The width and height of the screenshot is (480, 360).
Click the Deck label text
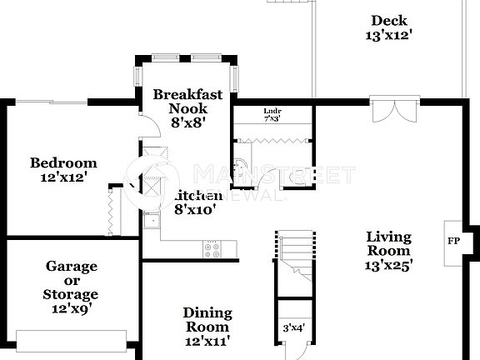tap(388, 21)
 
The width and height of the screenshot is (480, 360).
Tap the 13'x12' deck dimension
tap(388, 36)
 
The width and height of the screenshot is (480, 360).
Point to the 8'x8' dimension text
tap(187, 122)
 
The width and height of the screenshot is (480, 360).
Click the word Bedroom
tap(63, 162)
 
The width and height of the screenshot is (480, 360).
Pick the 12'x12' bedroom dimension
tap(63, 177)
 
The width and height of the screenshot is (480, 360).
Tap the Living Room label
tap(388, 243)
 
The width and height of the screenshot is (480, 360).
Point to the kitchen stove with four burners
tap(212, 247)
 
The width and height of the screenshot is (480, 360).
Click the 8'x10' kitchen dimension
tap(195, 210)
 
